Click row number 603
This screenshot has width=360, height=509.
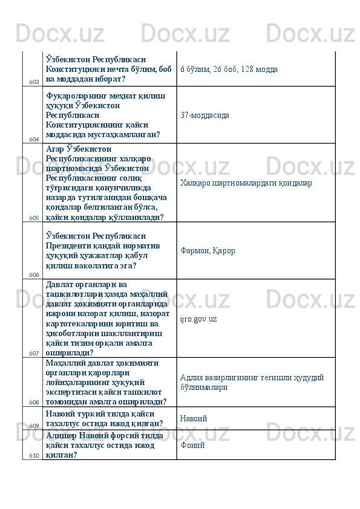34,81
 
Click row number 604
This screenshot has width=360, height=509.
34,139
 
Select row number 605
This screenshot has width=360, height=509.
34,218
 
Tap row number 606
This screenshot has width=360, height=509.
34,274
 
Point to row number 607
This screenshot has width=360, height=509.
34,353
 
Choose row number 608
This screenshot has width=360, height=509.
34,402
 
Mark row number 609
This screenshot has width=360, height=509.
34,426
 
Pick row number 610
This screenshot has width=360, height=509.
34,455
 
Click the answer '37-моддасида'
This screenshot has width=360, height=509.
205,114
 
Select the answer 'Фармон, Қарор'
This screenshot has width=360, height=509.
208,250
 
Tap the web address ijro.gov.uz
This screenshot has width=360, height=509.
198,318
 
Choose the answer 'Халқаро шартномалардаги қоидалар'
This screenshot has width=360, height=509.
246,182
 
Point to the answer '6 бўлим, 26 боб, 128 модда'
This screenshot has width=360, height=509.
229,70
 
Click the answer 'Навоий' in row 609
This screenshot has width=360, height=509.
194,418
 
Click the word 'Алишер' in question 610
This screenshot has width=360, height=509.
59,435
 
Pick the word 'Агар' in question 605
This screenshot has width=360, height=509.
54,148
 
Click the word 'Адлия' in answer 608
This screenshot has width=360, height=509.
191,377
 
